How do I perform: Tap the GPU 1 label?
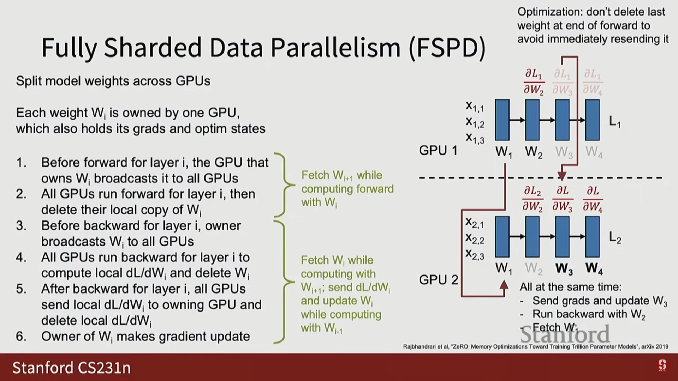point(438,151)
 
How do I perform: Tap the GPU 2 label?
point(438,280)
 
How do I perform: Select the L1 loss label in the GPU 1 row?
point(615,122)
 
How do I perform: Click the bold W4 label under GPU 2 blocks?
point(594,269)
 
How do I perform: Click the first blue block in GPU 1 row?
point(502,120)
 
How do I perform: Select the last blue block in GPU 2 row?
point(592,236)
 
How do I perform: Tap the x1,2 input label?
point(475,122)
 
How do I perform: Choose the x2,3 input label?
point(475,254)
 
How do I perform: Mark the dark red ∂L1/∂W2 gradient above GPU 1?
point(534,82)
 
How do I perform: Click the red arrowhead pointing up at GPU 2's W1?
point(504,285)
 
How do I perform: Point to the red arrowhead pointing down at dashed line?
point(562,176)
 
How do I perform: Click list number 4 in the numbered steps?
point(21,258)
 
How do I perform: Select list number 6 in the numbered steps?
point(21,337)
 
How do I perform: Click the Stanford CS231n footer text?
point(71,368)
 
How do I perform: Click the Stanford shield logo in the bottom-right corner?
point(662,365)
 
